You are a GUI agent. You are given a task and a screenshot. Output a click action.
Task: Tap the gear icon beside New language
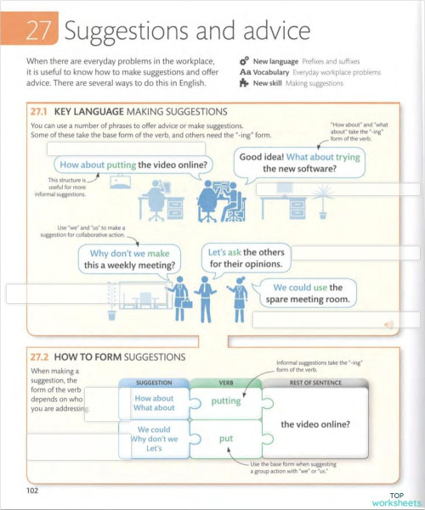(x=244, y=62)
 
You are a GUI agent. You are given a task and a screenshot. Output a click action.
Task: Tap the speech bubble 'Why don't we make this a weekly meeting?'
(x=131, y=260)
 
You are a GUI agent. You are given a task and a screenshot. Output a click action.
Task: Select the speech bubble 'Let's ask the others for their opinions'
(x=246, y=258)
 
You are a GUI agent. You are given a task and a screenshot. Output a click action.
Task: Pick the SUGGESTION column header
(x=154, y=383)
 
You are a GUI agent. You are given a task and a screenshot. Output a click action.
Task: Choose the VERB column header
(x=226, y=383)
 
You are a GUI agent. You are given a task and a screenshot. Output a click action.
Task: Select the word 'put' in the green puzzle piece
(x=225, y=439)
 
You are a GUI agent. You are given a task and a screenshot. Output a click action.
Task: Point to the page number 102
(x=33, y=490)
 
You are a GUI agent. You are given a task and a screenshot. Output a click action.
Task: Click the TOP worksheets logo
(x=389, y=499)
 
